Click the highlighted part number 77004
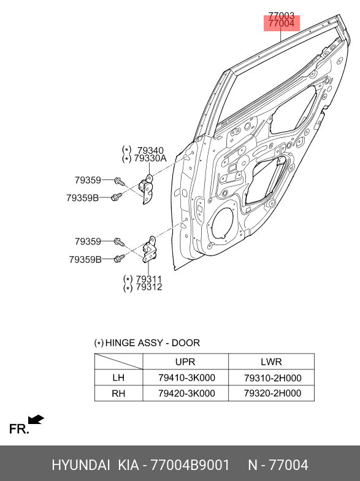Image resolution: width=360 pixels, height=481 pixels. point(281,24)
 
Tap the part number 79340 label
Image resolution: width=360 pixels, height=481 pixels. point(150,151)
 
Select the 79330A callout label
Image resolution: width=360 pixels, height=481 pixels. point(150,159)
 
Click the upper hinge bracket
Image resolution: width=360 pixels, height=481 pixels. point(146,189)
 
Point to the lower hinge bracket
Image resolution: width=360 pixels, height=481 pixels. point(148,249)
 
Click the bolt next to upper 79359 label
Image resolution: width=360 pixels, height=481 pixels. point(120,181)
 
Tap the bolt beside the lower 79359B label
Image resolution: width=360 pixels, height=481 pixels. point(119,259)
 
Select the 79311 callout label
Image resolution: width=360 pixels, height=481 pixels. point(149,279)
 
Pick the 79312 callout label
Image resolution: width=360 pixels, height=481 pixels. point(149,287)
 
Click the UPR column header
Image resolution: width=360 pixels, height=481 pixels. point(185,362)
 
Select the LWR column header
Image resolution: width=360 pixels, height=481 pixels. point(271,362)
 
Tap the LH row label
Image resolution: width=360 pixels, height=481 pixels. point(118,377)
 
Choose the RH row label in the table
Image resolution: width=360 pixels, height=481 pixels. point(118,393)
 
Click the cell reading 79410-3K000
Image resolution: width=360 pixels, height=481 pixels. point(186,377)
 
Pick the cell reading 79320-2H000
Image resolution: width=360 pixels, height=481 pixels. point(272,393)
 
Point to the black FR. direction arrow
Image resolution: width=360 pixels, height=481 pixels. point(36,419)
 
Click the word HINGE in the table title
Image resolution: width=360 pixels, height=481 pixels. point(120,343)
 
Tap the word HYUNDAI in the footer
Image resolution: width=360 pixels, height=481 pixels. point(81,465)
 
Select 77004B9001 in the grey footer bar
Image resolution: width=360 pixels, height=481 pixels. point(190,465)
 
